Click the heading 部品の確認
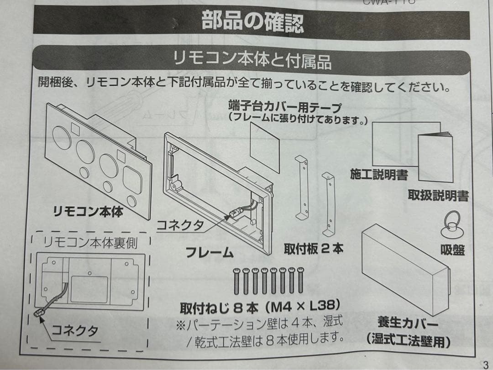[252, 22]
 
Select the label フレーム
[210, 252]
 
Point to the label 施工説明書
[379, 174]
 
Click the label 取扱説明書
[438, 196]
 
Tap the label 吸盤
[452, 250]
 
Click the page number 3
[484, 364]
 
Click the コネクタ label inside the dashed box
[75, 331]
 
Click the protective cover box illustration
[404, 265]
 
